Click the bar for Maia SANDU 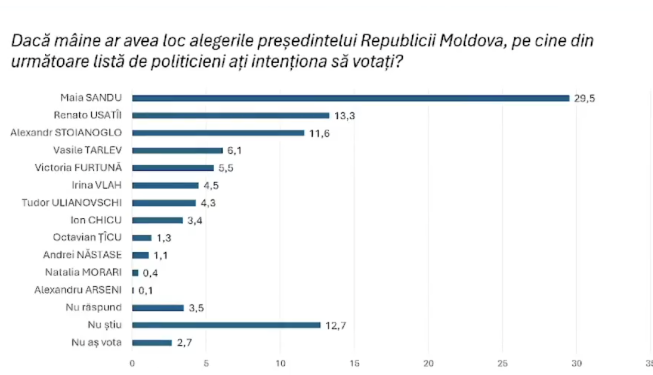[350, 98]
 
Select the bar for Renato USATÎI [231, 116]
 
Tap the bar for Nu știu [226, 325]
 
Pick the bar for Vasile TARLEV [177, 150]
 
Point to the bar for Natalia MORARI [135, 273]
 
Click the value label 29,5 [584, 99]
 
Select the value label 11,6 [319, 134]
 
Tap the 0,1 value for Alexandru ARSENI [146, 290]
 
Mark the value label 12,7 [336, 326]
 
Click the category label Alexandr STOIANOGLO [66, 133]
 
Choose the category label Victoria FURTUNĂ [78, 168]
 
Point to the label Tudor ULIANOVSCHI [72, 203]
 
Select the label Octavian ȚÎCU [87, 238]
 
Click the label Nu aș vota [97, 342]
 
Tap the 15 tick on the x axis [354, 363]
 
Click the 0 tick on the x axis [132, 363]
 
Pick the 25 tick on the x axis [502, 363]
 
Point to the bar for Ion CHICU [157, 220]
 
